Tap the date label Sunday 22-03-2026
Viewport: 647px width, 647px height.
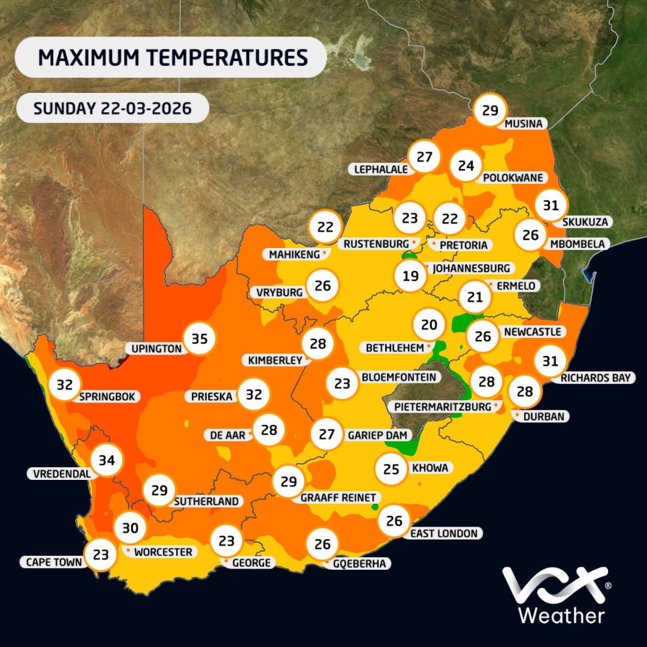(x=113, y=108)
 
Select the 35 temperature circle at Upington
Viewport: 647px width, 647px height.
(x=199, y=339)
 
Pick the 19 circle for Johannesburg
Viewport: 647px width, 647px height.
(x=411, y=276)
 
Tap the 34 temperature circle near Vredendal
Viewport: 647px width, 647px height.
(x=107, y=461)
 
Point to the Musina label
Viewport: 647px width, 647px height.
(x=524, y=124)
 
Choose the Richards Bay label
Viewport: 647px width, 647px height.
(x=595, y=378)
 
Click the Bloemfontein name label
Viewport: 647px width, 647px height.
(x=398, y=377)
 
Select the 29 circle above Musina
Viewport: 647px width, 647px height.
(x=490, y=110)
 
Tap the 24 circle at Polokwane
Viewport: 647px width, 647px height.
(x=466, y=166)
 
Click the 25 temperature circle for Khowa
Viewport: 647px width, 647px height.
(x=391, y=468)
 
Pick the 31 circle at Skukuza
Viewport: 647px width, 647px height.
(x=551, y=205)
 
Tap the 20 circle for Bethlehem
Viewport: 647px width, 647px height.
(x=428, y=325)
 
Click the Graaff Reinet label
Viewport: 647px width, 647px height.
(x=338, y=497)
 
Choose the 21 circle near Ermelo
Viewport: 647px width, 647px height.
(x=474, y=297)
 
